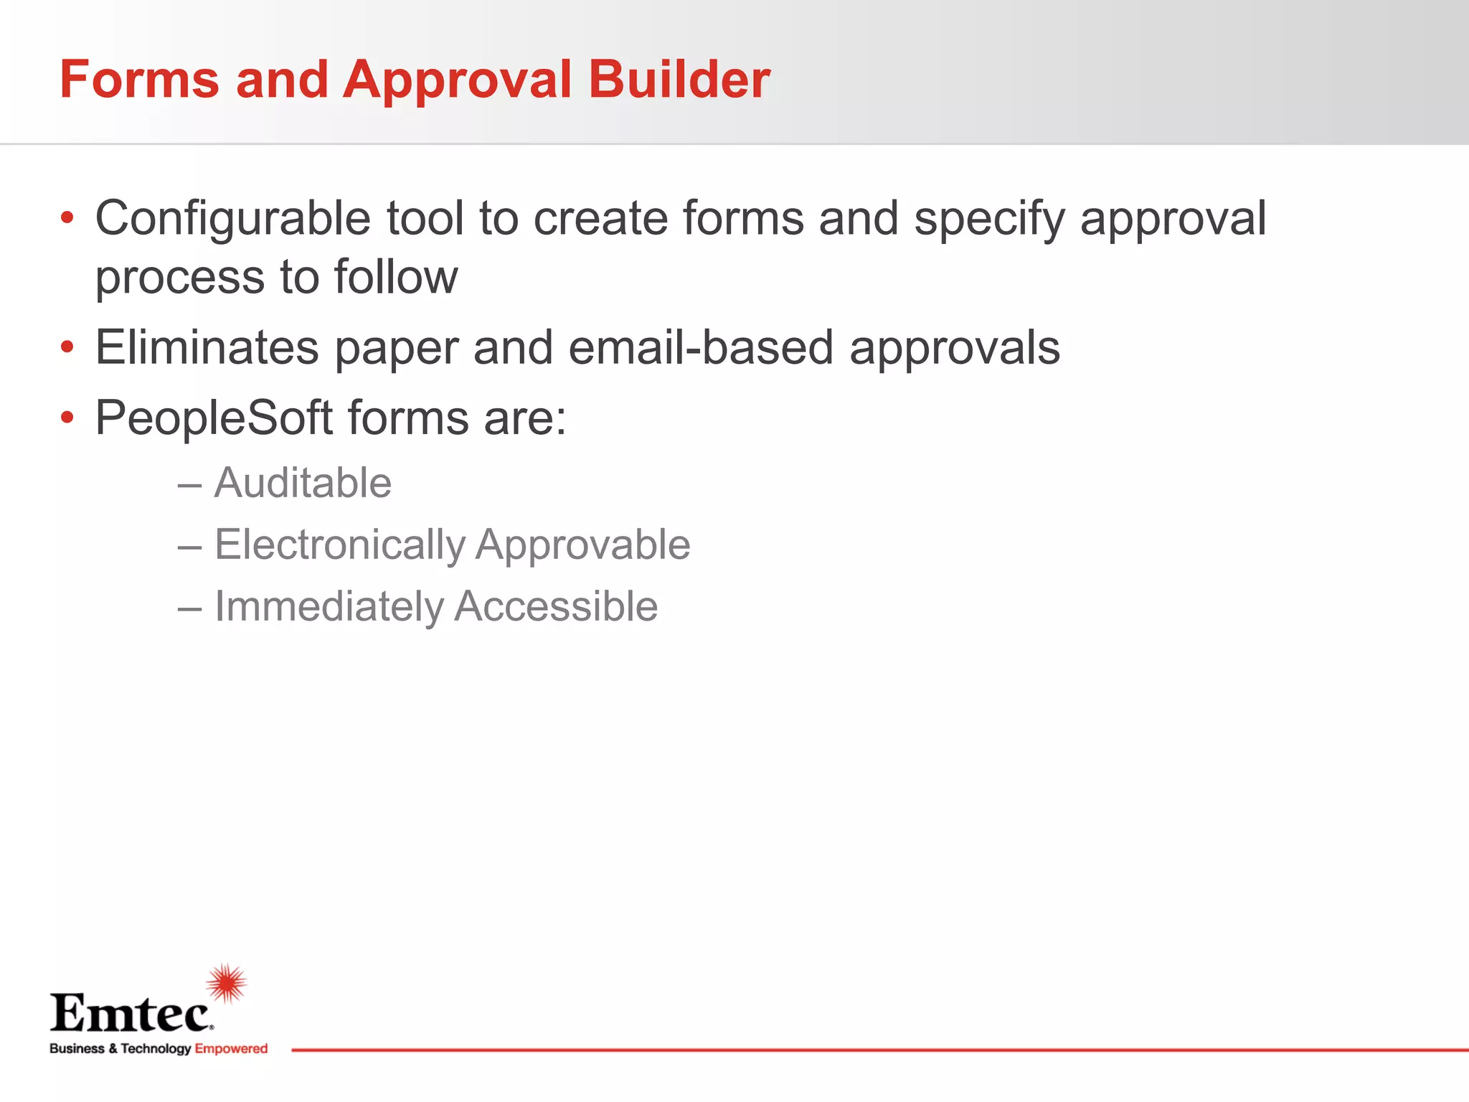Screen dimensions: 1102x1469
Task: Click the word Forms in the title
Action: (139, 79)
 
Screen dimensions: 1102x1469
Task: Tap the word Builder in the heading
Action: (679, 79)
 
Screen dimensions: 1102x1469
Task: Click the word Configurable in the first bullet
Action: (233, 218)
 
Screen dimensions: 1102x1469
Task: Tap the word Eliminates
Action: (207, 348)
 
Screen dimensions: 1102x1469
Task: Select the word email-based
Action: (701, 348)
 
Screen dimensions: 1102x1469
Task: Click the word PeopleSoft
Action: (214, 418)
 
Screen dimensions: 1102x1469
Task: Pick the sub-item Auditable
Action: (303, 482)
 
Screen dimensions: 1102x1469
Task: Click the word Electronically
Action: (340, 545)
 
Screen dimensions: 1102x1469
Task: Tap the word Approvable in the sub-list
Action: (582, 545)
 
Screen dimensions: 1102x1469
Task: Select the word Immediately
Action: (329, 607)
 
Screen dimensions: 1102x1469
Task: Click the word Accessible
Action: (556, 607)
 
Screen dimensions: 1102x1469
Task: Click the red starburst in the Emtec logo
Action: (227, 983)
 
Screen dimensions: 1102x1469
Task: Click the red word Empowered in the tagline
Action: (231, 1048)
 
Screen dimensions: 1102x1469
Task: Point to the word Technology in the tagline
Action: (156, 1048)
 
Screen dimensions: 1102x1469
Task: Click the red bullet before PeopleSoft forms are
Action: (67, 418)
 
